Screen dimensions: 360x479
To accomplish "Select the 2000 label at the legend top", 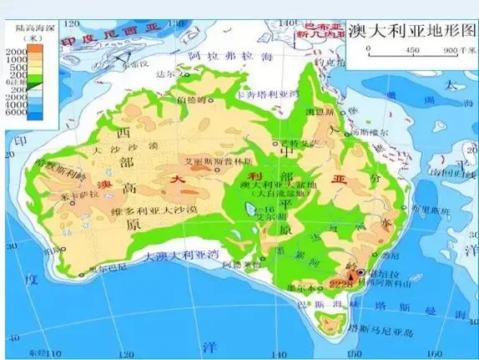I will click(x=16, y=51).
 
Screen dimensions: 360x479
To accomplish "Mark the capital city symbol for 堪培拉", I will click(x=361, y=272).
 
